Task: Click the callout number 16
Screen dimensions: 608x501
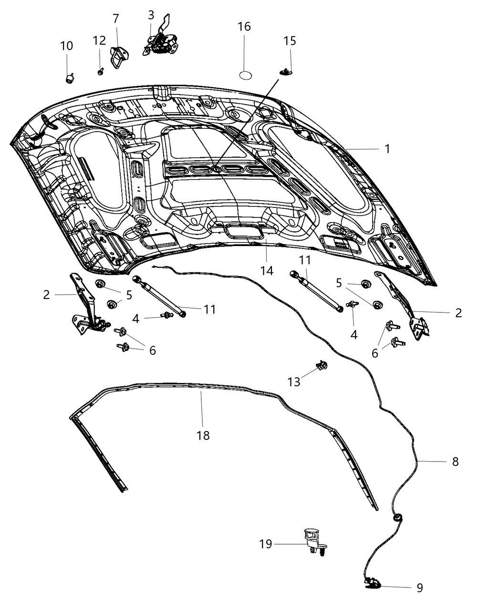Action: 244,27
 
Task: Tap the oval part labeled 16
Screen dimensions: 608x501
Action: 245,75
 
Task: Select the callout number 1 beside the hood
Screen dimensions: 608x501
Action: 387,149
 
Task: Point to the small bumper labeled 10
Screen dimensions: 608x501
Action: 70,77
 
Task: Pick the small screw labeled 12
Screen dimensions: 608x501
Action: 101,72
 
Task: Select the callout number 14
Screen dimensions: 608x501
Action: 267,270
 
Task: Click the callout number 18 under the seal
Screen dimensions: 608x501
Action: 203,435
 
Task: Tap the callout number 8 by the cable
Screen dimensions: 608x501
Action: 455,461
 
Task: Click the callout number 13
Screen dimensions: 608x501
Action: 294,381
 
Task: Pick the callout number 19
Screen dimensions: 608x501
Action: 266,544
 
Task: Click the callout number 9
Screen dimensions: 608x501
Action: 419,587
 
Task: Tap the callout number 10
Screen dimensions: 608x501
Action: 67,46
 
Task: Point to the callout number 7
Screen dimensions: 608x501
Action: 116,19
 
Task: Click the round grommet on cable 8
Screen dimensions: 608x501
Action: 397,517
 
